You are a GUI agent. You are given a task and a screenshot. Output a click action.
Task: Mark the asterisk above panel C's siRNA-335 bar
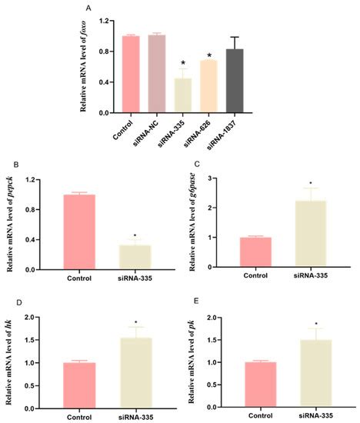[x=311, y=185]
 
